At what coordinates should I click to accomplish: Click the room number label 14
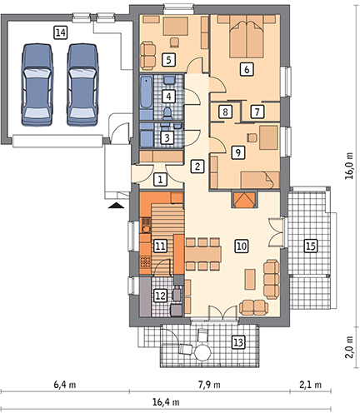[x=60, y=32]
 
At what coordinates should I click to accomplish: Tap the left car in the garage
[x=37, y=85]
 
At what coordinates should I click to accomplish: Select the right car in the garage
[x=82, y=85]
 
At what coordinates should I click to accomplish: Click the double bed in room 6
[x=247, y=37]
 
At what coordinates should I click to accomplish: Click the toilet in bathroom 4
[x=167, y=113]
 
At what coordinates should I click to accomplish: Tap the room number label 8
[x=225, y=112]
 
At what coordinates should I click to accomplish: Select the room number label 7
[x=257, y=112]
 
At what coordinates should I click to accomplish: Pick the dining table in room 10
[x=203, y=253]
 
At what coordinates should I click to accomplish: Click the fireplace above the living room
[x=244, y=200]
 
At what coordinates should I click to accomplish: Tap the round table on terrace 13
[x=202, y=352]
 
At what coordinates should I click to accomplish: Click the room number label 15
[x=311, y=246]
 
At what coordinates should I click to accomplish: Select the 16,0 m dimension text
[x=349, y=166]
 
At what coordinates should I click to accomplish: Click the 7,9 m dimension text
[x=209, y=385]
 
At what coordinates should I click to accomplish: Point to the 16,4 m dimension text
[x=166, y=402]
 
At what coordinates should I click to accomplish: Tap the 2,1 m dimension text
[x=310, y=385]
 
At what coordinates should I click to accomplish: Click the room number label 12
[x=160, y=296]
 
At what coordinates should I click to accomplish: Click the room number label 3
[x=167, y=138]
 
